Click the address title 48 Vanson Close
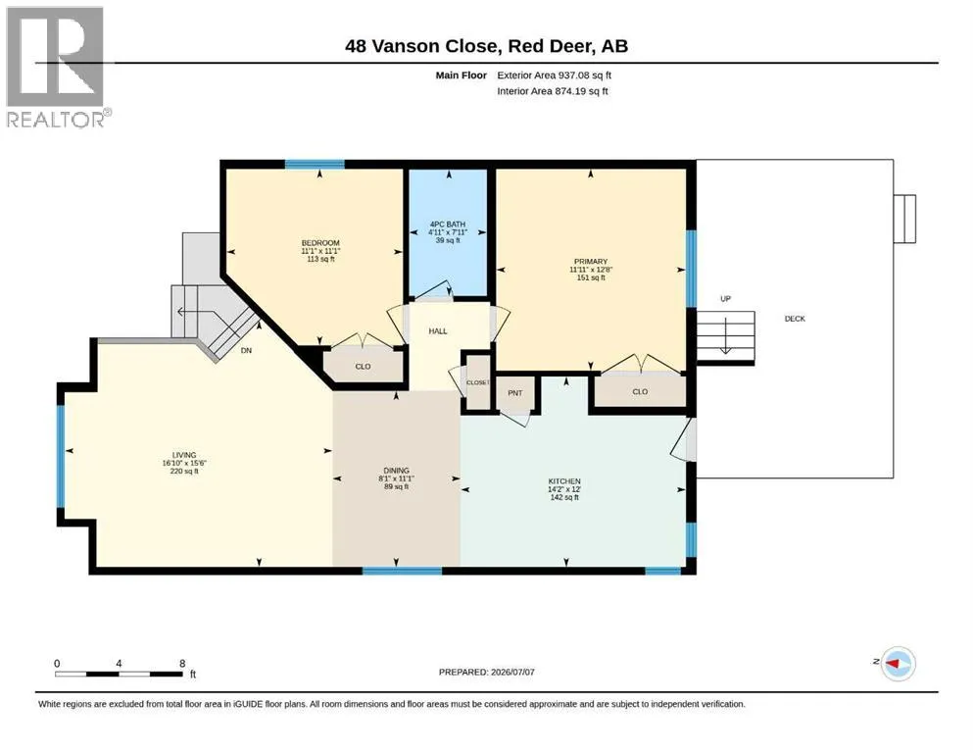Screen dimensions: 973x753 pos(421,46)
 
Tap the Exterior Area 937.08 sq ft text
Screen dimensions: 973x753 pos(555,75)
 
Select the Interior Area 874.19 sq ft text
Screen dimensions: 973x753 pos(553,90)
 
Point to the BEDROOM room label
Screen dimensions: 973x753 pos(320,243)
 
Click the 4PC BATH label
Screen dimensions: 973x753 pos(448,225)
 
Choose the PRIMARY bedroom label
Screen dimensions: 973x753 pos(590,262)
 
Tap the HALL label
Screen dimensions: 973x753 pos(437,330)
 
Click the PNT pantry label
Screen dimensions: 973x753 pos(515,393)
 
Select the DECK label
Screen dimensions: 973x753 pos(795,319)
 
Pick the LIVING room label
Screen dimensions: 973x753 pos(184,455)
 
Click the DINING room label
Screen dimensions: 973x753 pos(396,471)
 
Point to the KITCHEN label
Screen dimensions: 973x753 pos(564,481)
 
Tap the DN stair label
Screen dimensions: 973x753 pos(246,350)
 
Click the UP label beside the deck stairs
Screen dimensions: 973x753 pos(725,299)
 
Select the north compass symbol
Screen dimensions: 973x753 pos(898,664)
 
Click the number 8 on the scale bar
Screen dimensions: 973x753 pos(182,663)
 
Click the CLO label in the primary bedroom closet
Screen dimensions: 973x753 pos(640,392)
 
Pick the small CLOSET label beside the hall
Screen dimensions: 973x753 pos(478,382)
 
